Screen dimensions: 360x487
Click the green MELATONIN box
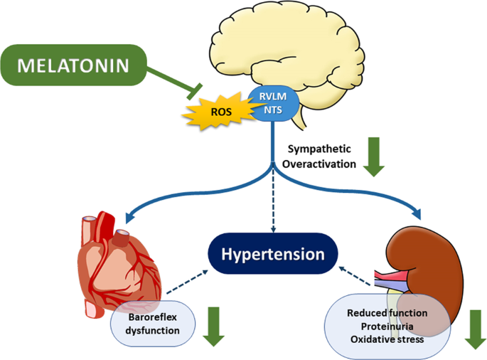[x=74, y=65]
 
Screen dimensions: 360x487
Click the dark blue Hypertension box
[x=272, y=254]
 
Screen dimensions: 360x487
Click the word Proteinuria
[x=387, y=327]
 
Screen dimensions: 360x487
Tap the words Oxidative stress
[x=387, y=339]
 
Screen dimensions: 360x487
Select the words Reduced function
[x=387, y=313]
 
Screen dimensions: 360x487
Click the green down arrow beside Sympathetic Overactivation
[x=374, y=159]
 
